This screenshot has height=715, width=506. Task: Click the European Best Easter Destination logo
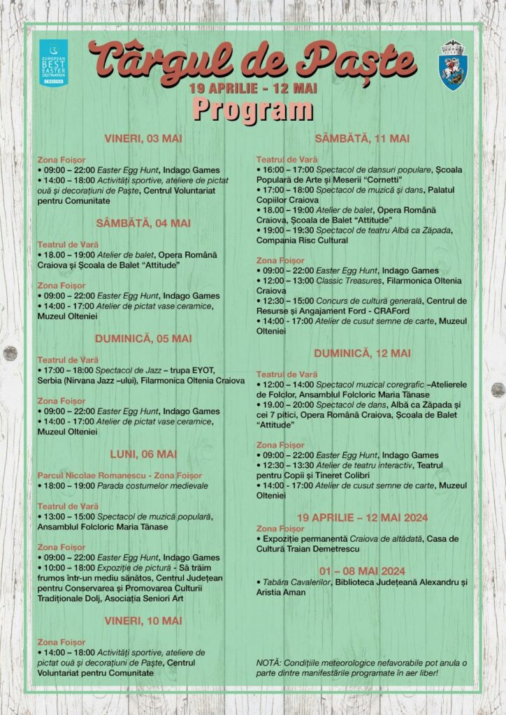click(53, 63)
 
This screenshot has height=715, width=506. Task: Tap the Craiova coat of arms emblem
click(452, 65)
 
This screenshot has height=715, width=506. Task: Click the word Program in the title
click(252, 110)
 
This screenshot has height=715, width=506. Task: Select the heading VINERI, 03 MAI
click(143, 138)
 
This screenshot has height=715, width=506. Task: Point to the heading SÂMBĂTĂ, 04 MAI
click(143, 223)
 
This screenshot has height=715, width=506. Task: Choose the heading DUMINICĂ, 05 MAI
click(143, 339)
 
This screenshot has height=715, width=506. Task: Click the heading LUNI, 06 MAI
click(143, 455)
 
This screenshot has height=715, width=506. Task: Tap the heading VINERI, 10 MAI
click(143, 621)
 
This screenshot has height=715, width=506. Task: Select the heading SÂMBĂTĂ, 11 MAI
click(362, 138)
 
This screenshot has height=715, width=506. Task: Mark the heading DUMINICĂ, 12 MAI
click(362, 353)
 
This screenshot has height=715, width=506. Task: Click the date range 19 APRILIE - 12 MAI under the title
click(252, 89)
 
